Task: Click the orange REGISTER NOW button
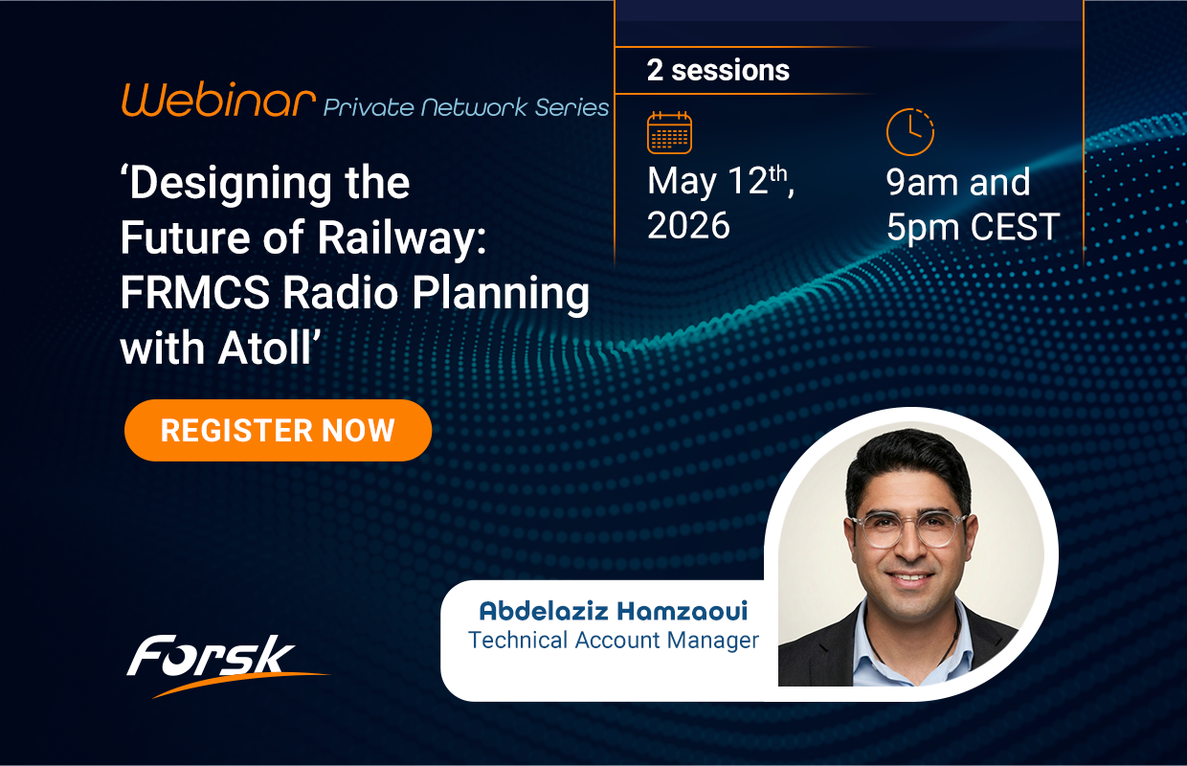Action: pyautogui.click(x=278, y=430)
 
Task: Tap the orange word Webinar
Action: pyautogui.click(x=218, y=101)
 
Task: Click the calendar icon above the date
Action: pyautogui.click(x=669, y=132)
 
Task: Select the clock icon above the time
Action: pyautogui.click(x=909, y=132)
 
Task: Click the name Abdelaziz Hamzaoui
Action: pyautogui.click(x=613, y=611)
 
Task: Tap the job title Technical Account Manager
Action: pyautogui.click(x=613, y=641)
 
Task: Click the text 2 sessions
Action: pyautogui.click(x=718, y=70)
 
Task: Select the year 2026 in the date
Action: pyautogui.click(x=688, y=225)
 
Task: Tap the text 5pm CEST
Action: pyautogui.click(x=973, y=227)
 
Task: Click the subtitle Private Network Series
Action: pyautogui.click(x=466, y=107)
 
